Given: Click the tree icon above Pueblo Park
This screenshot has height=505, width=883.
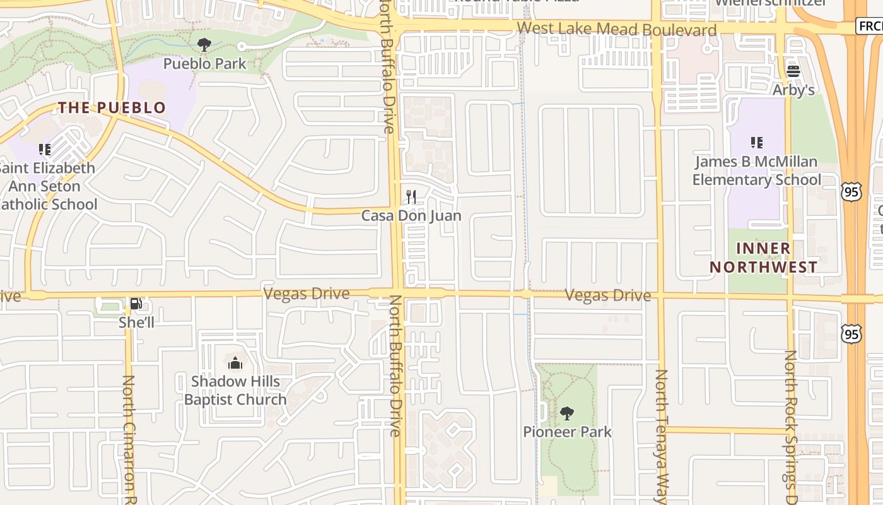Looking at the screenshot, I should [204, 44].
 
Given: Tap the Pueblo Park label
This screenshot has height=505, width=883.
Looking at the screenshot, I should [205, 64].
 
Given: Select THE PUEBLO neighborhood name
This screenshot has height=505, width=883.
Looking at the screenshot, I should [112, 108].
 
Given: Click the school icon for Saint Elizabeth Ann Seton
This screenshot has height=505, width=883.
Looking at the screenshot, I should [44, 150].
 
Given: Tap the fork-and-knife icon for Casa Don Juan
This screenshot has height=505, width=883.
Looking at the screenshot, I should [411, 196].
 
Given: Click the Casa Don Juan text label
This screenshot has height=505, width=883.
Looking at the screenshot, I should [411, 216].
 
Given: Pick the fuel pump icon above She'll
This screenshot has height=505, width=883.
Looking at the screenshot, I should [136, 304].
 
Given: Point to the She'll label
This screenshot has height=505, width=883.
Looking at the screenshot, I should [136, 323].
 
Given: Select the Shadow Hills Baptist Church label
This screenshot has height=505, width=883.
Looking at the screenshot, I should [235, 390].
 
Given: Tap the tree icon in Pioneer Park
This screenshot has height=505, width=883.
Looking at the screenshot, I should [567, 413].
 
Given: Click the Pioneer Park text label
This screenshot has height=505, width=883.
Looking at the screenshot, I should [568, 432].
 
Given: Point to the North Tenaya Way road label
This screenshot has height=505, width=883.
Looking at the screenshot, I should [660, 436].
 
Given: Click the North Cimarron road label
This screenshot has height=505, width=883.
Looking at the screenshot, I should [129, 436].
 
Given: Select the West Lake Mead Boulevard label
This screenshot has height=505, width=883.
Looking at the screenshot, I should [617, 30].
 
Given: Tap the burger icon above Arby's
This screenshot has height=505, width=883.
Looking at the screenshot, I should [793, 71].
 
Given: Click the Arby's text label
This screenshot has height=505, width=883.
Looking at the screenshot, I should [793, 90].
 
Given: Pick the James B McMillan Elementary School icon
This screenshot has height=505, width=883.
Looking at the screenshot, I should [756, 143].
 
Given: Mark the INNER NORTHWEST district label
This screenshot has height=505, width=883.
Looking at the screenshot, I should [763, 258].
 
